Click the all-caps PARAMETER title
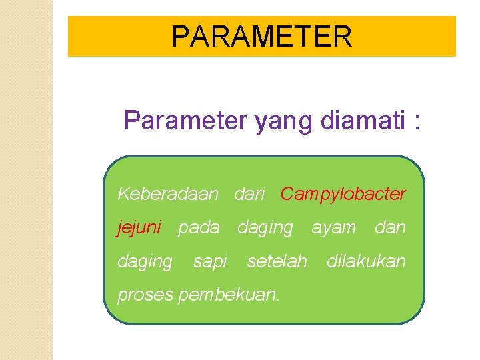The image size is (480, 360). tap(261, 37)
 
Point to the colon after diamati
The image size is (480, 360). tap(417, 123)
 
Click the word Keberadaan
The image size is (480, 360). tap(167, 194)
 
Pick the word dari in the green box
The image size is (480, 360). tap(249, 194)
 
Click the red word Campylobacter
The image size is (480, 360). tap(343, 194)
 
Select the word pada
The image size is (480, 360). tap(199, 228)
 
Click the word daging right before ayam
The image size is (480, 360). tap(265, 228)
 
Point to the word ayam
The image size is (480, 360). tap(334, 228)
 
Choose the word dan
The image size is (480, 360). tap(390, 228)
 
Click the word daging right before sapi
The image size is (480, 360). tap(145, 262)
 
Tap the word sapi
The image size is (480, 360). tap(210, 262)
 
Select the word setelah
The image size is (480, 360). tap(277, 261)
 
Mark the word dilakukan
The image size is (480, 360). tap(366, 261)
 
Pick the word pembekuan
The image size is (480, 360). tap(229, 295)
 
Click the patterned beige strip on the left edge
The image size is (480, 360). tap(26, 180)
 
